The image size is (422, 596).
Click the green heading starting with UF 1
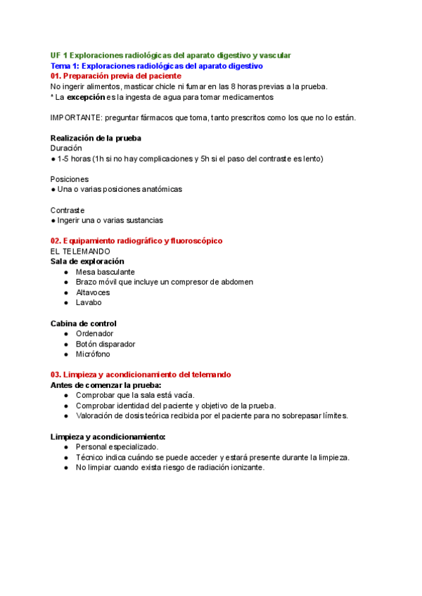(170, 55)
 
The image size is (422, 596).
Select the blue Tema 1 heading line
(157, 65)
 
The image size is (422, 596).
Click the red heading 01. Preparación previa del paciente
(116, 75)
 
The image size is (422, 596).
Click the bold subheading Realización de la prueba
(100, 138)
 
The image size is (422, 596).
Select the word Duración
(66, 148)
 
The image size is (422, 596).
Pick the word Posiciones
(70, 179)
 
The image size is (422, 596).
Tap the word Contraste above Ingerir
(68, 210)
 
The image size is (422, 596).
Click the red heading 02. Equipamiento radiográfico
(136, 240)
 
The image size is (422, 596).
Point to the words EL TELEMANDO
(80, 251)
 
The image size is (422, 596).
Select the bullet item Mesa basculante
(105, 272)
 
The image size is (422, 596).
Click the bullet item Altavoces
(93, 292)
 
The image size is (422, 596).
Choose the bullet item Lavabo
(89, 303)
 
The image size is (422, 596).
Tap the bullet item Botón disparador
(105, 344)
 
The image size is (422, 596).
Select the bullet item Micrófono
(93, 354)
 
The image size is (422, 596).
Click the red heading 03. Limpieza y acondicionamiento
(141, 375)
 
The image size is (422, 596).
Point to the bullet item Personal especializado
(117, 447)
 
